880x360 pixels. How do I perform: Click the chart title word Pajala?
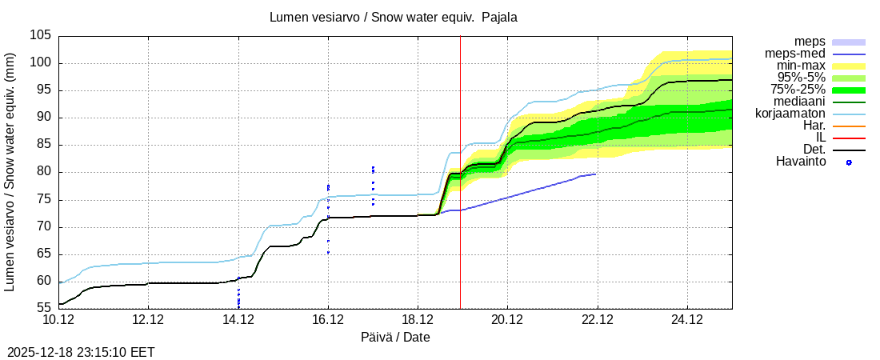point(499,17)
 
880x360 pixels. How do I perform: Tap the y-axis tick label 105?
point(42,36)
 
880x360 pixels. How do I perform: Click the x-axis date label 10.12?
point(59,320)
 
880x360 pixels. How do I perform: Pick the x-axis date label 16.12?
point(328,320)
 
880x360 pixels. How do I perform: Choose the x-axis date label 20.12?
point(507,320)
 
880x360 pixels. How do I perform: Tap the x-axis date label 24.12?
point(686,320)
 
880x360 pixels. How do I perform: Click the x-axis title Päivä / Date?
point(395,338)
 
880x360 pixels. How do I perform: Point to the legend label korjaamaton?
point(790,114)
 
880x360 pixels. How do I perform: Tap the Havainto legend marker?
point(849,162)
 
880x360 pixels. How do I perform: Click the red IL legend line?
point(849,138)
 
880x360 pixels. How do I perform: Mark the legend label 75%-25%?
point(798,90)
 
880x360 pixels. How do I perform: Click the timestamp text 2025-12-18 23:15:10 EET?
point(81,352)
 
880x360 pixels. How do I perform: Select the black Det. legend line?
point(849,150)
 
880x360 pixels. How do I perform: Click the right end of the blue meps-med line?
point(595,174)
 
